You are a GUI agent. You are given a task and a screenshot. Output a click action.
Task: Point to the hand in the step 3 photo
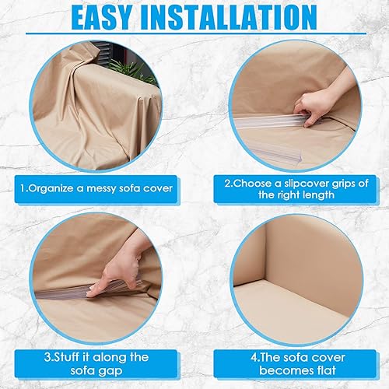click(117, 272)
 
